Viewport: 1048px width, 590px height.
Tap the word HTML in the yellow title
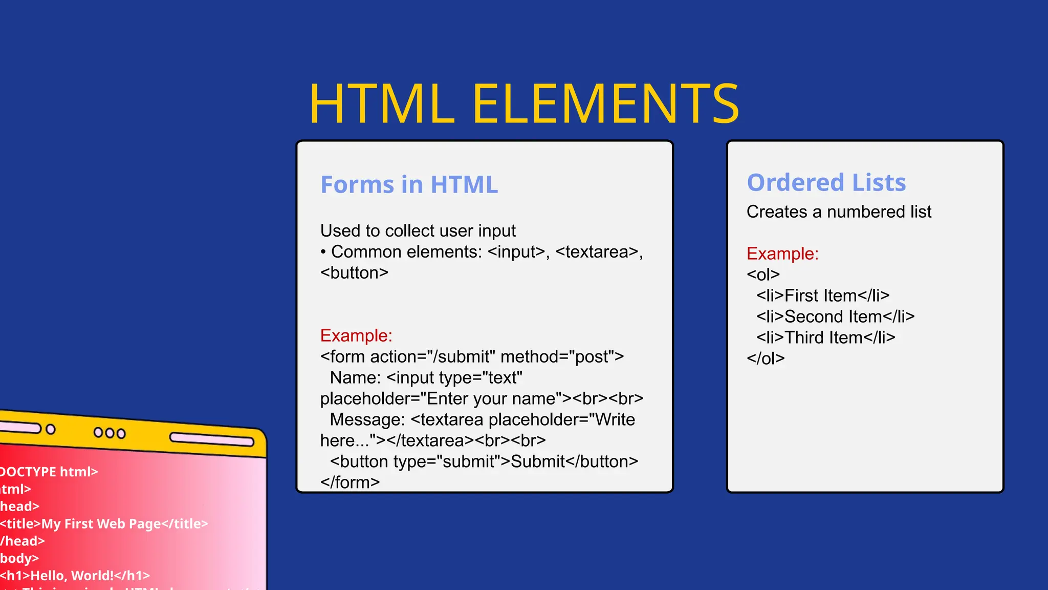coord(382,104)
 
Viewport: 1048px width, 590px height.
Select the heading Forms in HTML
coord(409,184)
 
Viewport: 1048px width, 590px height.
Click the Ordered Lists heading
coord(826,182)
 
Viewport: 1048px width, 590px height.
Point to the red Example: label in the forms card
coord(356,335)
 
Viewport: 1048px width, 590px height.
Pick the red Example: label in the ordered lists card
coord(782,254)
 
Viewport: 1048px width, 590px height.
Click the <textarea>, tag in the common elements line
coord(599,252)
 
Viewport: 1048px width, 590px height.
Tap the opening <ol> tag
coord(763,275)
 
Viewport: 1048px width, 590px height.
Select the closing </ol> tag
coord(766,359)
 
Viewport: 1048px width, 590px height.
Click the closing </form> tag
coord(350,482)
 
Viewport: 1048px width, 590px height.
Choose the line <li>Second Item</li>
coord(835,317)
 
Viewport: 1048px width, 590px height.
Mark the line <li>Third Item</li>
coord(825,338)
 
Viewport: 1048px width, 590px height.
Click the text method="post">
coord(562,356)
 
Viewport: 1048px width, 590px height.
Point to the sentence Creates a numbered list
coord(839,212)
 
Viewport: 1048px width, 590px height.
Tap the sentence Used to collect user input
coord(418,231)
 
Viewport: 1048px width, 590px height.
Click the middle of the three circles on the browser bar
coord(110,433)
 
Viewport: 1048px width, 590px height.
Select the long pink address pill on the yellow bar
coord(212,439)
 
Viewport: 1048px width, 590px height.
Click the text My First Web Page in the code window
coord(101,524)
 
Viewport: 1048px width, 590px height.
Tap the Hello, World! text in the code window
coord(72,576)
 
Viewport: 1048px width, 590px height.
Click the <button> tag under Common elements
coord(354,273)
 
